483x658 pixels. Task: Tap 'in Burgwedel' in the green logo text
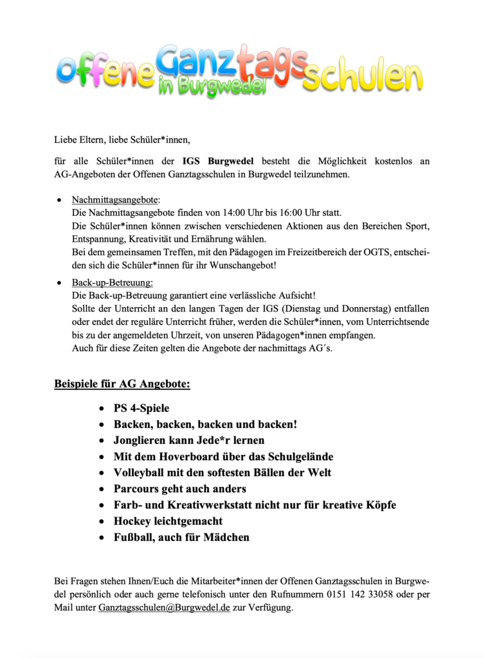tap(212, 85)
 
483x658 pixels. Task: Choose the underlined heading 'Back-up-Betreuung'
tap(112, 282)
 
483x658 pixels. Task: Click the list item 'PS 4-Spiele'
tap(141, 408)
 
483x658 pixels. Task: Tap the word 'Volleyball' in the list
tap(142, 473)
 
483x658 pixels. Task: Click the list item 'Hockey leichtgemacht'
tap(168, 521)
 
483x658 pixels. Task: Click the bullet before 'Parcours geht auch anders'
tap(102, 489)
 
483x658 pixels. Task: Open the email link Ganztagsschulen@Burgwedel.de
tap(164, 607)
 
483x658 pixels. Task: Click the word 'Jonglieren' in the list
tap(143, 441)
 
